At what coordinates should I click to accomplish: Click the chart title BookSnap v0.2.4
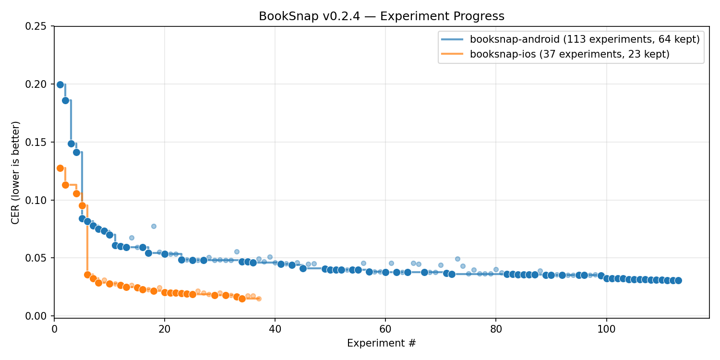[382, 16]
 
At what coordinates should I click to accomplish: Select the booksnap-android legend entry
[585, 39]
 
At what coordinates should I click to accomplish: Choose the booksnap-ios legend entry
[569, 54]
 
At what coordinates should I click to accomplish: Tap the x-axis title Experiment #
[382, 343]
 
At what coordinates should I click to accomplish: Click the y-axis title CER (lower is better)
[16, 172]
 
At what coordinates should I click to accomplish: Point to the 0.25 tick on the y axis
[39, 26]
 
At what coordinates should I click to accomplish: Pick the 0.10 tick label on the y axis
[39, 200]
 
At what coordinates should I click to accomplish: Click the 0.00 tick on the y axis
[39, 316]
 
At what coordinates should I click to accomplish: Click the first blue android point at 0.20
[60, 84]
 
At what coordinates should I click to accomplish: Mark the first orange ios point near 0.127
[60, 168]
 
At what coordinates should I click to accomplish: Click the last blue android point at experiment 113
[678, 280]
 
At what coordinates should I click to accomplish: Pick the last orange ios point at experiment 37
[259, 299]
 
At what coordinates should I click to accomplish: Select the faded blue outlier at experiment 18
[154, 226]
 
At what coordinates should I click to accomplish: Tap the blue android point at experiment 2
[65, 100]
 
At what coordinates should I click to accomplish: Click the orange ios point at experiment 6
[87, 275]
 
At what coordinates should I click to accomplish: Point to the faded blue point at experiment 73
[457, 259]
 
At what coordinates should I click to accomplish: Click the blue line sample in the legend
[452, 39]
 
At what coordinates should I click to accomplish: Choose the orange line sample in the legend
[452, 54]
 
